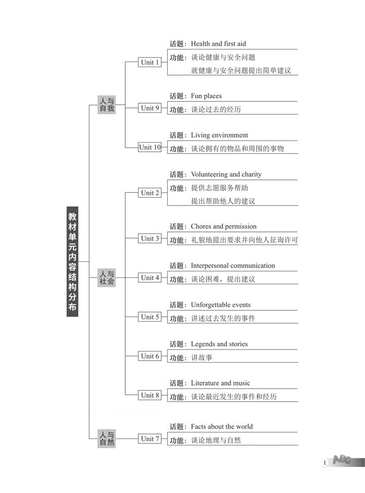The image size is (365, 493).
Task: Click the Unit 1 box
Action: coord(150,62)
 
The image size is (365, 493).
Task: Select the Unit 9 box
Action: coord(150,108)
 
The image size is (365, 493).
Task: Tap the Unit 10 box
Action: coord(150,147)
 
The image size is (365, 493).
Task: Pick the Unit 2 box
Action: coord(150,193)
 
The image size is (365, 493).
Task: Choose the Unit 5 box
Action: coord(150,317)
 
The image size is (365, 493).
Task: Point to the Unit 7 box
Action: coord(150,438)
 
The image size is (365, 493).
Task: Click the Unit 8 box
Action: coord(150,395)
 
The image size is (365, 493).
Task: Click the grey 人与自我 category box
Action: coord(107,105)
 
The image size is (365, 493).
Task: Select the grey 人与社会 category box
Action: coord(107,278)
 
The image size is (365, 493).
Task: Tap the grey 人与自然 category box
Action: coord(107,438)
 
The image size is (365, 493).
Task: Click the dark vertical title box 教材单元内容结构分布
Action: coord(73,262)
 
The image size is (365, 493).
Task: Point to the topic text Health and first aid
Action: coord(219,44)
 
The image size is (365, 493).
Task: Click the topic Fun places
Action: coord(206,96)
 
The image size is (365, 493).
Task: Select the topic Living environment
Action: coord(219,135)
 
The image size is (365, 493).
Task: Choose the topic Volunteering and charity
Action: coord(226,175)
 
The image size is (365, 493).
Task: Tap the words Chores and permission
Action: coord(224,226)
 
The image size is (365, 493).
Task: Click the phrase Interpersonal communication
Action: coord(233,266)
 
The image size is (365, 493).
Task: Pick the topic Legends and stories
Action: coord(219,344)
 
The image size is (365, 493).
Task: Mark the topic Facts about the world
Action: coord(222,427)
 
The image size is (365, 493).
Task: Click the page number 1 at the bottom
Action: coord(324,462)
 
